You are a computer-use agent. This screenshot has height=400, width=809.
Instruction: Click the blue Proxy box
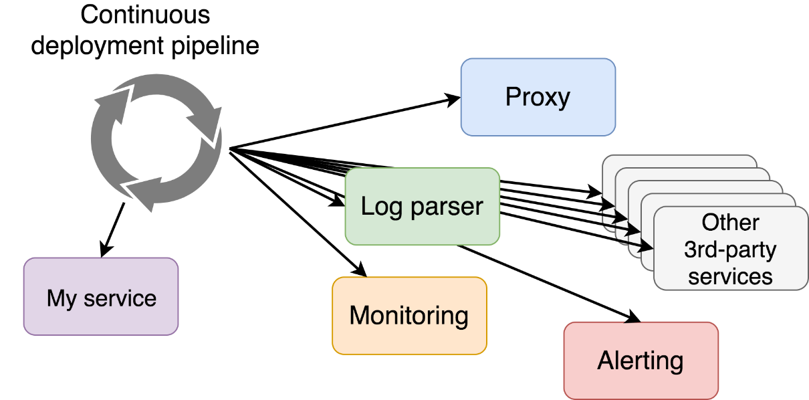(538, 97)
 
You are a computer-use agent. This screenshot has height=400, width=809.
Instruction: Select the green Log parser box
(422, 206)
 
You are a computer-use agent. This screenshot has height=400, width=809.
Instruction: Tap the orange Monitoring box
(409, 316)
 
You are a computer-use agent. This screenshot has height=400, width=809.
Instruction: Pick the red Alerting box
(641, 361)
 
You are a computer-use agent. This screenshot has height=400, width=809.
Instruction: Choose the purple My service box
(101, 297)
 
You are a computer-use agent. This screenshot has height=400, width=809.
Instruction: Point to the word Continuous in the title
(145, 15)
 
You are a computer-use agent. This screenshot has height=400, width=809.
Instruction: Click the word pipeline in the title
(215, 47)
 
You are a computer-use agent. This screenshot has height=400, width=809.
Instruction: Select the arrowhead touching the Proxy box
(453, 100)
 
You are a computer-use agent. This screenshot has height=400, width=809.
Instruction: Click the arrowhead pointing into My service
(106, 250)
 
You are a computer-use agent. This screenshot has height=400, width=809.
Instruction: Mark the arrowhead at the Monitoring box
(360, 269)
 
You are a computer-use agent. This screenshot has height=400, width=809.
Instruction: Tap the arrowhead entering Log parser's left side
(338, 201)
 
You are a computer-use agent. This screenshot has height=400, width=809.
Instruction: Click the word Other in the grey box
(730, 222)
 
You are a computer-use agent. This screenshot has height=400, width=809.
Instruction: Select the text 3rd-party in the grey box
(730, 250)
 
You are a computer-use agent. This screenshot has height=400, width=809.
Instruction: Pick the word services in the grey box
(730, 277)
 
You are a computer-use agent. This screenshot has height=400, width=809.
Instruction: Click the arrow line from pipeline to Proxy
(345, 123)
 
